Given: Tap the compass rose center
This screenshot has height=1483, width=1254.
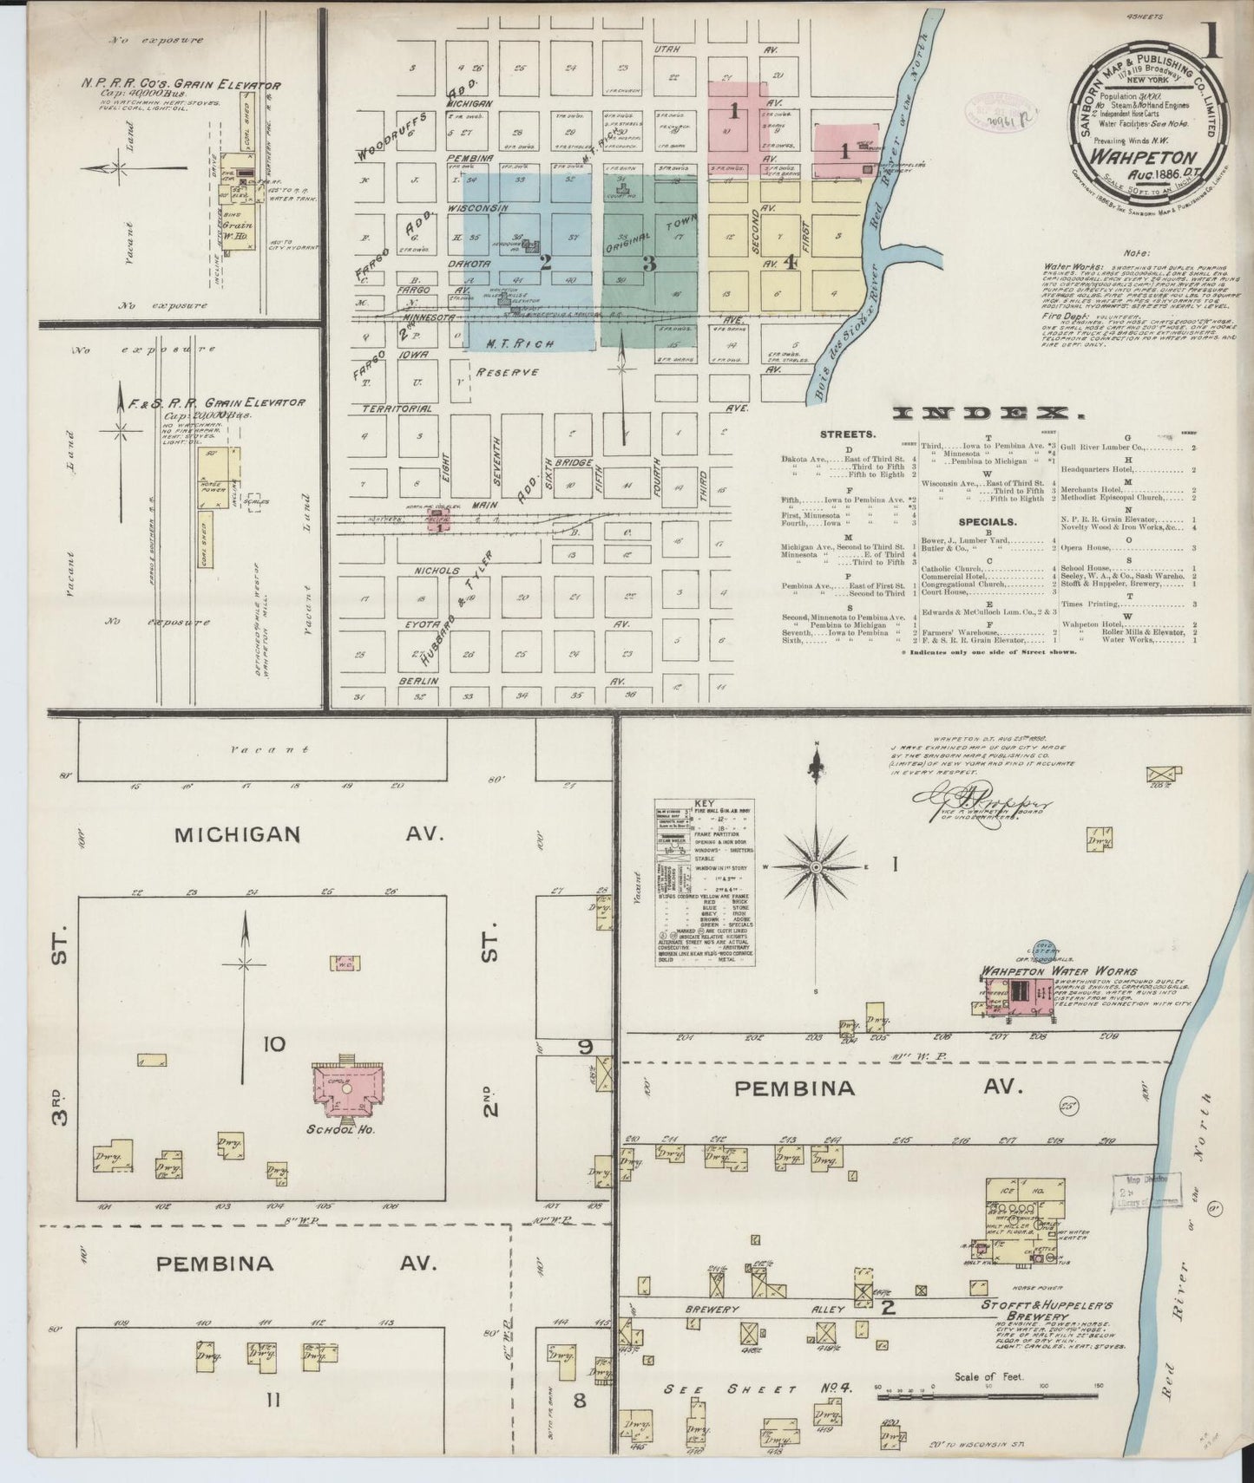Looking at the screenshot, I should pyautogui.click(x=817, y=866).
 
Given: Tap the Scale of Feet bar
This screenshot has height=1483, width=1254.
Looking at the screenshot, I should pyautogui.click(x=989, y=1397).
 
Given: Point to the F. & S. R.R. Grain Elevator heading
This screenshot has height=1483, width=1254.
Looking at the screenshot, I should pyautogui.click(x=216, y=402).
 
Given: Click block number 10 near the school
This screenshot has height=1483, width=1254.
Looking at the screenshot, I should pyautogui.click(x=274, y=1042).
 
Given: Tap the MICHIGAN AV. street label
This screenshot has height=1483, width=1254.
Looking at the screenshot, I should pyautogui.click(x=308, y=834).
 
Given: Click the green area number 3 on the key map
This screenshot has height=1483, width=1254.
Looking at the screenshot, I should pyautogui.click(x=648, y=264).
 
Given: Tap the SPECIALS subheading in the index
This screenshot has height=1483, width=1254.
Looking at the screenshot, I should pyautogui.click(x=987, y=522).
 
